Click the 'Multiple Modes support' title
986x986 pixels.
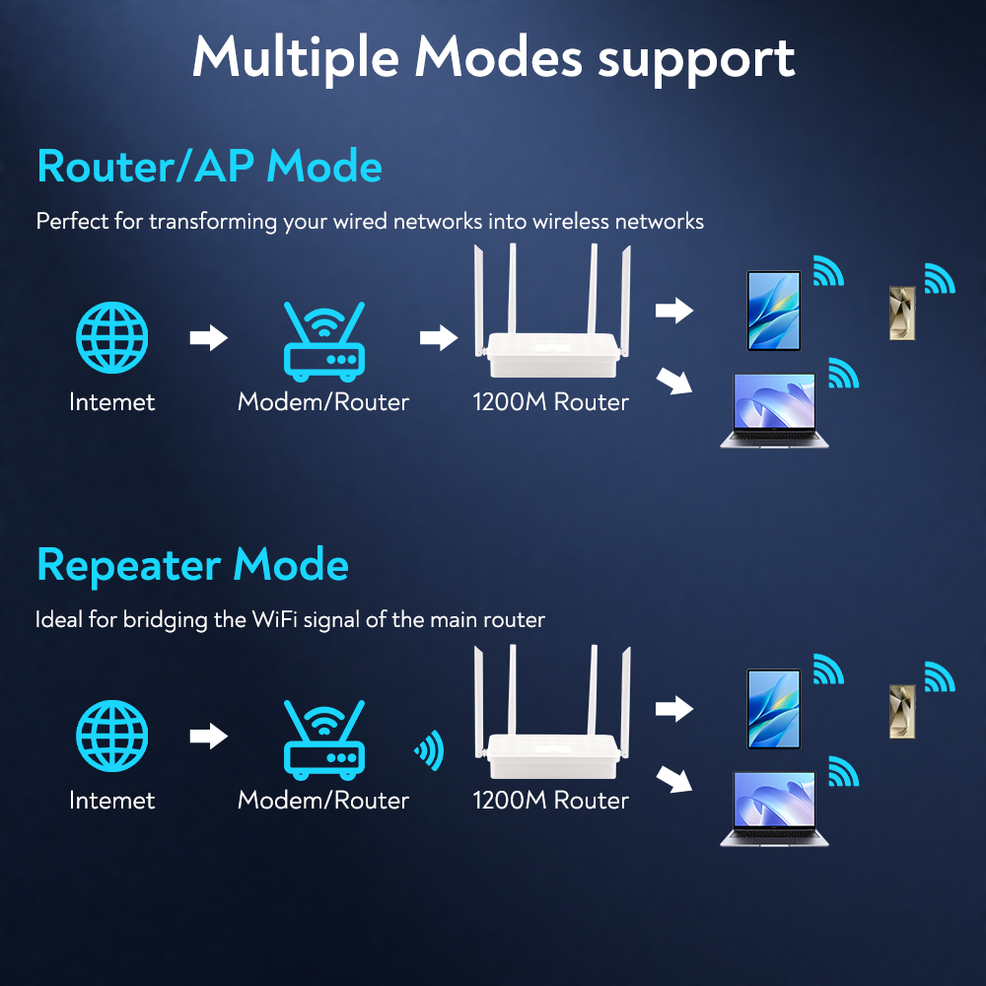493,57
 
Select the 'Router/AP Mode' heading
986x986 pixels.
209,167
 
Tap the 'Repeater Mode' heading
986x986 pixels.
192,565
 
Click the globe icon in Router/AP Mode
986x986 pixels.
112,337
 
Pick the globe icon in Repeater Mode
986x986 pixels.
112,736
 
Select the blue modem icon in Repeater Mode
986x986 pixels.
323,740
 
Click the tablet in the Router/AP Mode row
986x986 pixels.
773,311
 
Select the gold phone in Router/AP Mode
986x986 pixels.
902,314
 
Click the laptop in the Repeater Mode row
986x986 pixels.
774,810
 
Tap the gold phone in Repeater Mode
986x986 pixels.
902,712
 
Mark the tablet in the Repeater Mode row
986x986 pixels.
773,709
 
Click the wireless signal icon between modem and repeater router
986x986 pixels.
430,751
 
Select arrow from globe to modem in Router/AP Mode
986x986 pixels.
208,338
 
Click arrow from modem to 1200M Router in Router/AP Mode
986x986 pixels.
438,338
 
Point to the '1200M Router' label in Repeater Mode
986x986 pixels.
550,801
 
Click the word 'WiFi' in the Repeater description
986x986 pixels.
279,620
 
